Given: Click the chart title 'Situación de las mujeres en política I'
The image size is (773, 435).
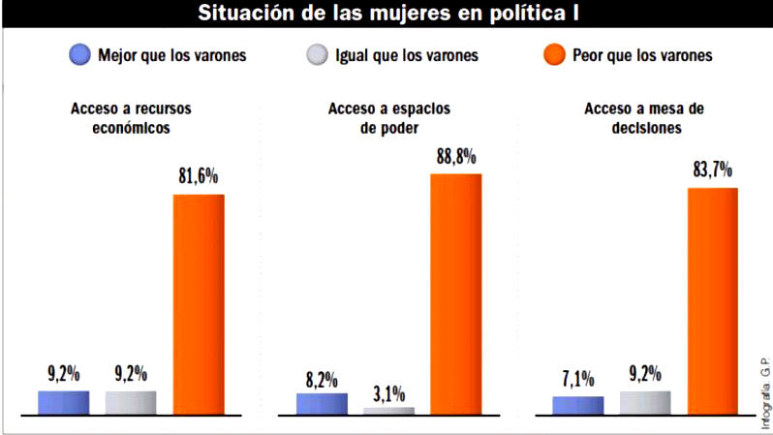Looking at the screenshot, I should (x=387, y=14).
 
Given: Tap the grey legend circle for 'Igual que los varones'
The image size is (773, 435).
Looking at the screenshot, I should (x=315, y=55).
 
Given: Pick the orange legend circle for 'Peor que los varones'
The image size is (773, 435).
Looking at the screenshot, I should (x=554, y=55).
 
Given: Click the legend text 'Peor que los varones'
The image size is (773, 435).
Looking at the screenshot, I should (x=642, y=55).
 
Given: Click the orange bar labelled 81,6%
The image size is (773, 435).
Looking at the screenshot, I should (x=199, y=304).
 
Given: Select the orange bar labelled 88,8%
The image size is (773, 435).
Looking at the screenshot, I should (x=455, y=295).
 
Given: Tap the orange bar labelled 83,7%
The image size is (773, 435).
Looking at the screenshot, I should (x=712, y=301).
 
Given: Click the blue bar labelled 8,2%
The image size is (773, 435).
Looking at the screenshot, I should (x=322, y=404).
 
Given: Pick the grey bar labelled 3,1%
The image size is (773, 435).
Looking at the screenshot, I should (x=388, y=411).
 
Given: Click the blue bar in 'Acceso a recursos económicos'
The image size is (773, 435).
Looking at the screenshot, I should (x=63, y=403).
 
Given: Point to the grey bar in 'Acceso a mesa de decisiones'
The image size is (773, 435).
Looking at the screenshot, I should (x=644, y=403).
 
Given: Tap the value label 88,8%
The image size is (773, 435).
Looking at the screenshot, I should (x=456, y=158).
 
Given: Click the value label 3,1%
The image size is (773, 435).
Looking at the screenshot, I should (x=388, y=393).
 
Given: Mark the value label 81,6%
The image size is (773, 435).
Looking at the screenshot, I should (x=199, y=178).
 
